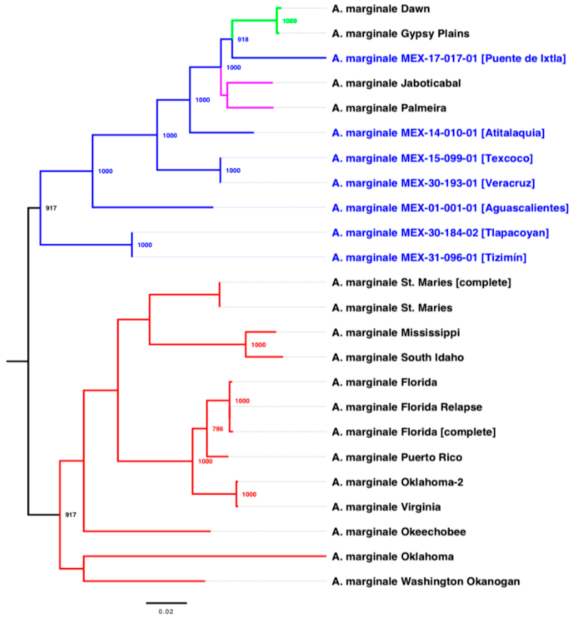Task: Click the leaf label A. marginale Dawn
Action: [x=381, y=9]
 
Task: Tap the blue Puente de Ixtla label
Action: [x=449, y=58]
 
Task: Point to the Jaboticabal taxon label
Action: [x=396, y=83]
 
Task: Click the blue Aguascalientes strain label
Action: [x=450, y=208]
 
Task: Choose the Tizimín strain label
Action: [x=429, y=257]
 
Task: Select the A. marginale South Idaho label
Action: [x=398, y=357]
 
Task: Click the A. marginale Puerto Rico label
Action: [x=397, y=457]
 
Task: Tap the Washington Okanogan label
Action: [x=425, y=581]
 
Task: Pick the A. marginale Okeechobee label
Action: [x=399, y=532]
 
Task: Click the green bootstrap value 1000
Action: [x=289, y=21]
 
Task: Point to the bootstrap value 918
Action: [x=243, y=39]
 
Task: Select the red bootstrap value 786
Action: [x=218, y=429]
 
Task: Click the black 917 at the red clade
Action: [x=70, y=515]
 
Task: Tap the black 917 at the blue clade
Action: [x=51, y=208]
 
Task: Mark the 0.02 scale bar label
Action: [x=166, y=611]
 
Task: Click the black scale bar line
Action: [x=166, y=603]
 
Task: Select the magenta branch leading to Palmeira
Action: [x=250, y=108]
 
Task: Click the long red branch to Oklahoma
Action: [x=204, y=556]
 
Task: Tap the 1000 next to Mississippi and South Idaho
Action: [x=258, y=345]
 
